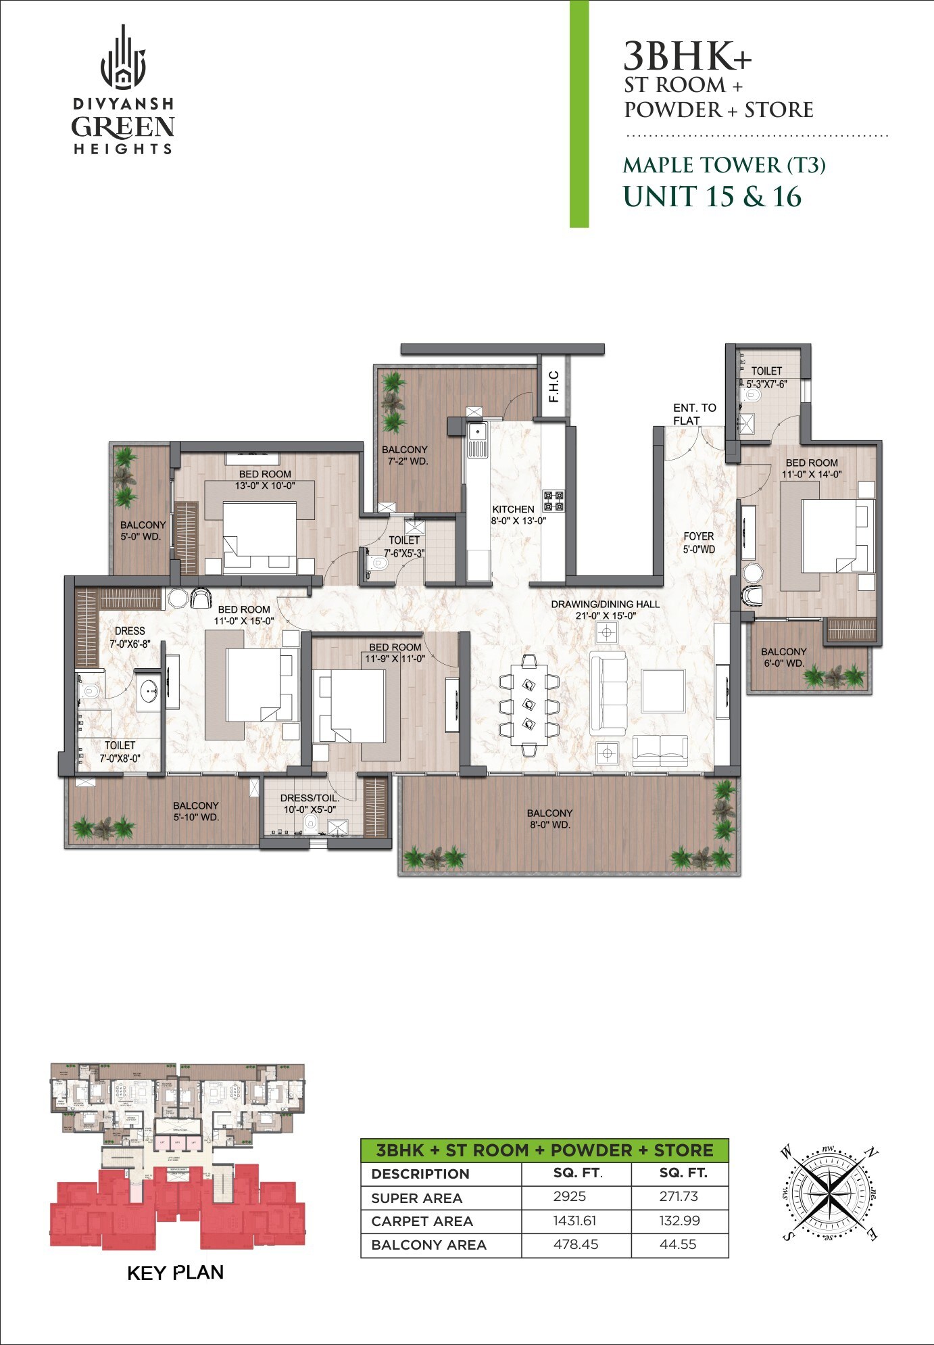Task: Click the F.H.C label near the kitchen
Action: (554, 387)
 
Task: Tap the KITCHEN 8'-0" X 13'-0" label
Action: (517, 515)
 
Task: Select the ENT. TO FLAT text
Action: (694, 414)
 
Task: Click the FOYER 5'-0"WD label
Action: (698, 542)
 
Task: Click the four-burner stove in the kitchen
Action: (554, 500)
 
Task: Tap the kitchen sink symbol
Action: (477, 433)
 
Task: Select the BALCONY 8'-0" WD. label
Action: (549, 818)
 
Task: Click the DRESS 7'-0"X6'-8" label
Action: (130, 637)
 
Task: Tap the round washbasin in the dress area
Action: (149, 691)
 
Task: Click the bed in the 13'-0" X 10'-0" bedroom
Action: (260, 538)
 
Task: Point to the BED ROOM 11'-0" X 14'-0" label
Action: (811, 468)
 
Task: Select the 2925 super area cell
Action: (569, 1196)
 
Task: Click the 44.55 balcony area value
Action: (678, 1244)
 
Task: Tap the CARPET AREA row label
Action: (422, 1221)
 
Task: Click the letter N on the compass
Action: (872, 1152)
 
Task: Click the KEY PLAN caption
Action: (175, 1273)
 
